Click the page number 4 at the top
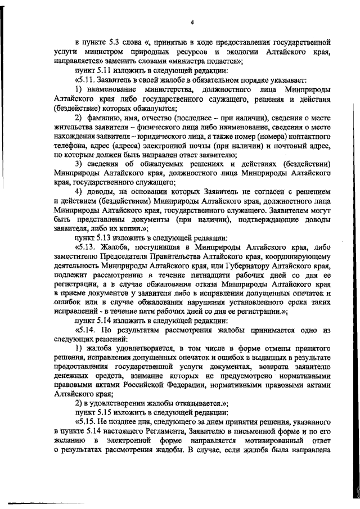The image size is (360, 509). pos(192,22)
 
